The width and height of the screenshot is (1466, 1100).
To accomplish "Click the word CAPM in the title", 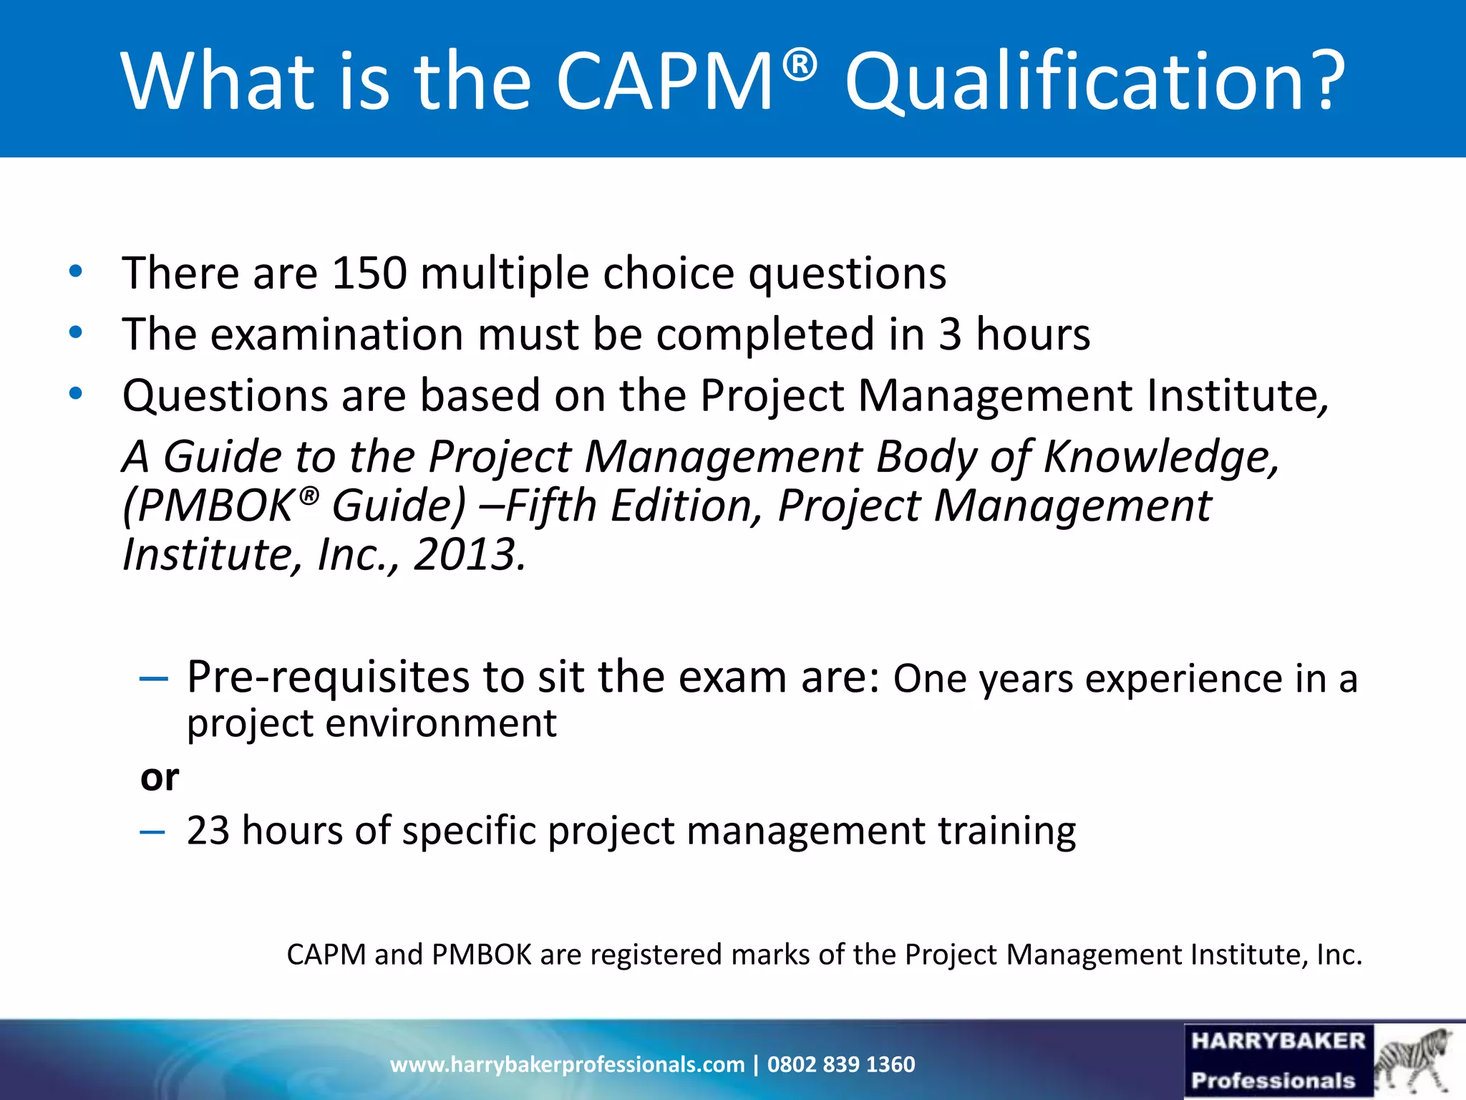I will [664, 80].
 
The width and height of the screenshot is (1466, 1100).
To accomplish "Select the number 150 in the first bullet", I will [369, 274].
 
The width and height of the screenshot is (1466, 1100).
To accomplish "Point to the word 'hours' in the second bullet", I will [1032, 334].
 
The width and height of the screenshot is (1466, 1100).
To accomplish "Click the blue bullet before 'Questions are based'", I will [76, 394].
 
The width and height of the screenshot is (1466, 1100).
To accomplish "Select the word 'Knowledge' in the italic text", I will [1160, 457].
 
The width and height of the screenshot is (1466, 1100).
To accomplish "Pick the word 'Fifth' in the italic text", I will [551, 506].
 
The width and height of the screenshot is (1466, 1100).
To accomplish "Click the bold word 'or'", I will [160, 778].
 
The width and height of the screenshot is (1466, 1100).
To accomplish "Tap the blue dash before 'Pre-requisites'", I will [153, 678].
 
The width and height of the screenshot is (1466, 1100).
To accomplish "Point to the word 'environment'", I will [441, 723].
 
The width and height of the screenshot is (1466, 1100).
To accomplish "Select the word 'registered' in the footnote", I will [655, 955].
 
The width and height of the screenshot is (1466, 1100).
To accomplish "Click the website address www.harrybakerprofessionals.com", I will [567, 1065].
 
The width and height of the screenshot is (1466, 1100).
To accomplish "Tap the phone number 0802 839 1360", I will [841, 1065].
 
